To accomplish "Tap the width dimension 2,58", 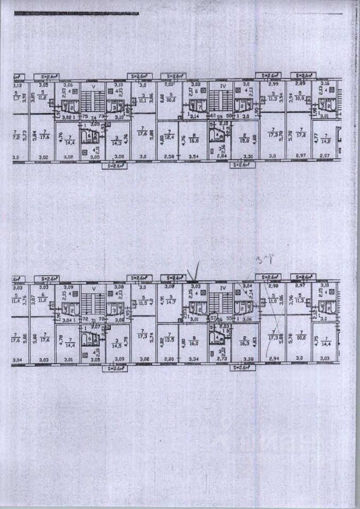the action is pos(168,157).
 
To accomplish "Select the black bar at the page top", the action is pos(76,14).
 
